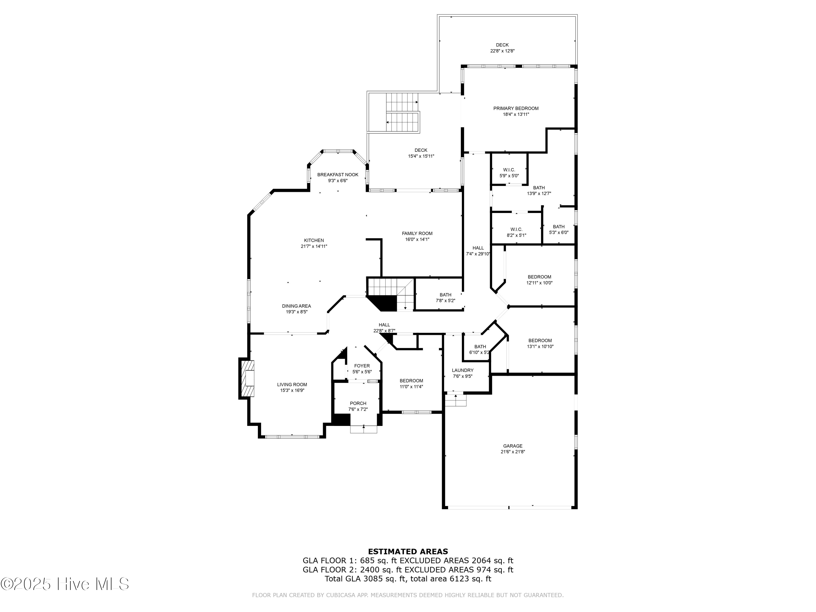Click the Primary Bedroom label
pos(516,109)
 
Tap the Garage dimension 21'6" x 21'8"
pos(512,452)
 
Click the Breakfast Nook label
pos(338,175)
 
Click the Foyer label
pos(362,366)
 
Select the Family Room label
pos(417,233)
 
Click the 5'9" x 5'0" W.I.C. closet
pos(509,173)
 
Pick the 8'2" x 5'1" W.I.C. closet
pos(516,232)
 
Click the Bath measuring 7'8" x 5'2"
pos(445,297)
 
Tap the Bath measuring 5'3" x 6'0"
pos(558,230)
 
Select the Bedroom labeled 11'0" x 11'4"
pos(411,384)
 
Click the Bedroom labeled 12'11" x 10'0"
pos(539,280)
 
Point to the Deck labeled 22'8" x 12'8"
pos(502,48)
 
